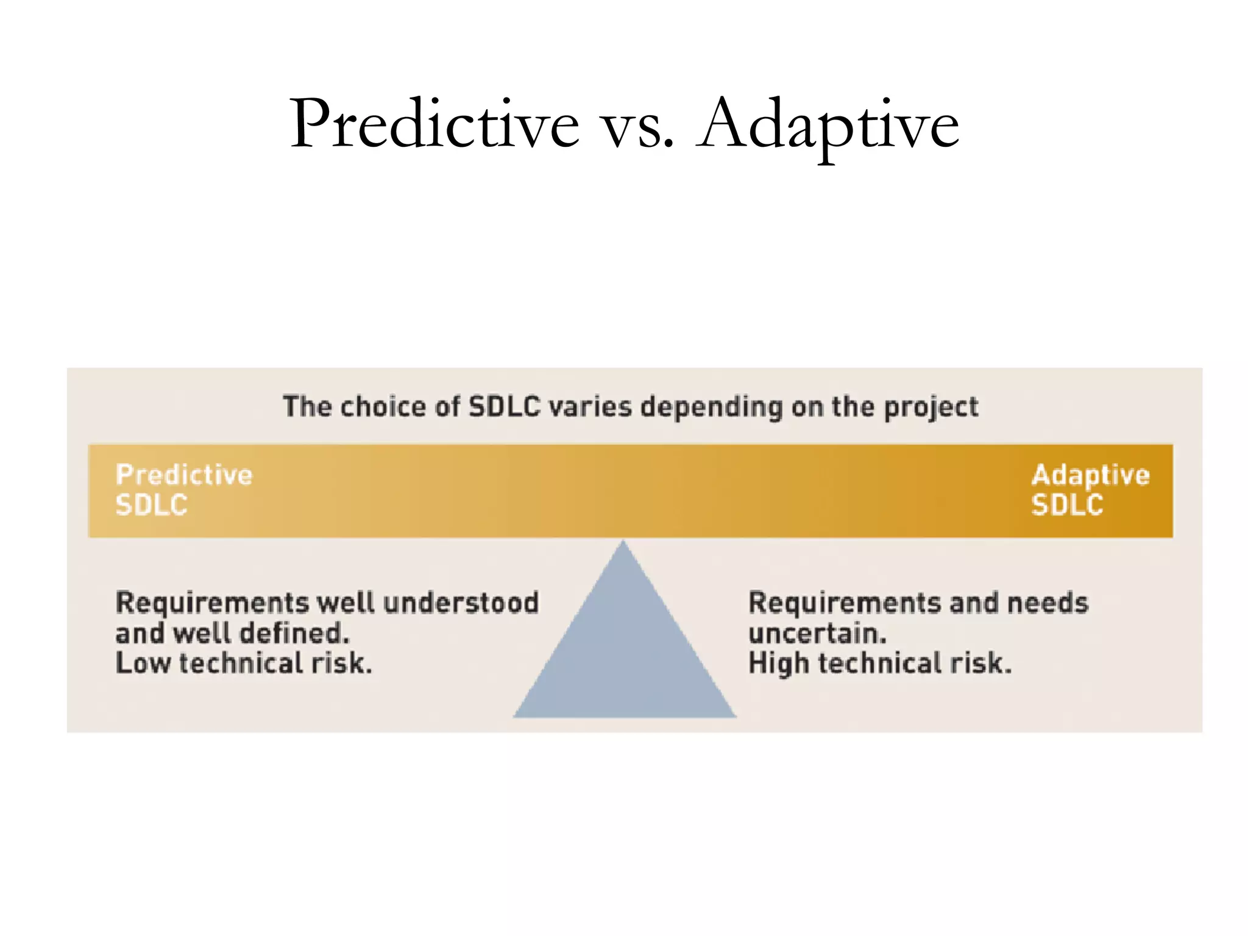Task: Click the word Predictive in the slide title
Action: point(434,125)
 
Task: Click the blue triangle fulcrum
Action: point(624,652)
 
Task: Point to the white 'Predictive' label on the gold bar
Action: point(184,475)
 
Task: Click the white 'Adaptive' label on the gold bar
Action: point(1090,475)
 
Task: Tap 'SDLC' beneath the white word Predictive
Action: point(152,505)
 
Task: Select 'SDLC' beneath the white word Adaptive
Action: point(1067,505)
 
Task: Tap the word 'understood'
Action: point(461,603)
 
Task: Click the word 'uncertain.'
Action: point(817,634)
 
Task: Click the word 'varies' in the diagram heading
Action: point(590,406)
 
